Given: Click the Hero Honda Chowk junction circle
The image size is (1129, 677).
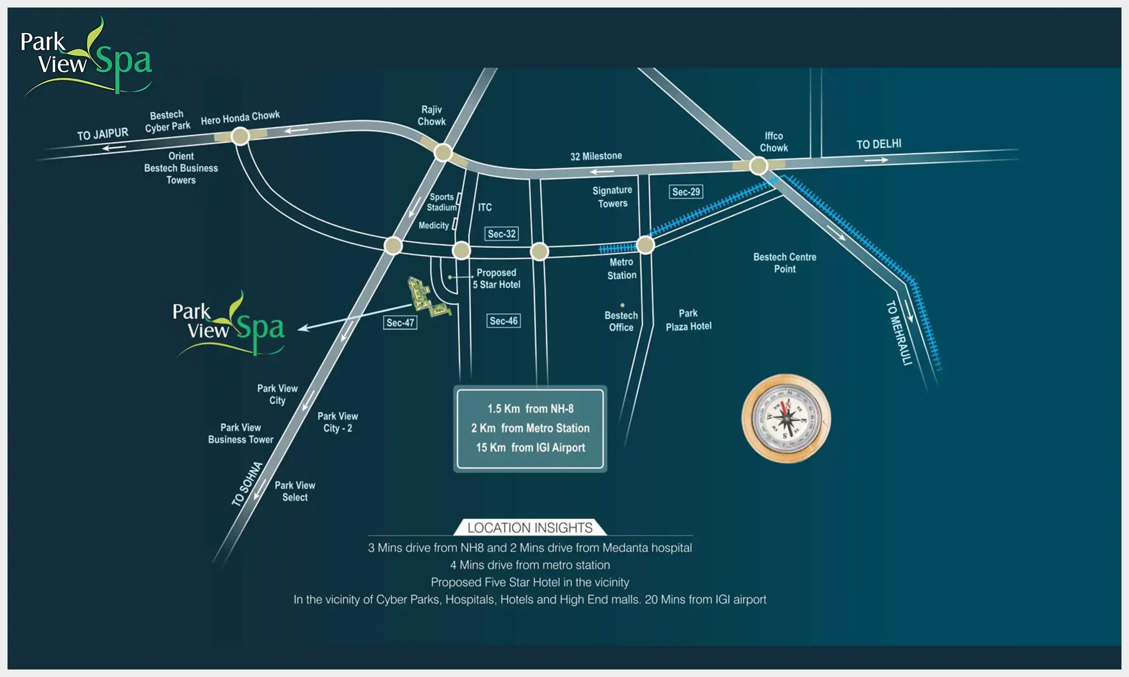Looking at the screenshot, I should pyautogui.click(x=240, y=136).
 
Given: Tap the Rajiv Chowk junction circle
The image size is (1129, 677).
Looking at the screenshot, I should pyautogui.click(x=443, y=152).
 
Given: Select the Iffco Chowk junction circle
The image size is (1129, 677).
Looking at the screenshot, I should pyautogui.click(x=758, y=165).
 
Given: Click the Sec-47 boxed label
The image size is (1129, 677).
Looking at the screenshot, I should pyautogui.click(x=400, y=323).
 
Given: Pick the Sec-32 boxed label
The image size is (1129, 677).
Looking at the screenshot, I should pyautogui.click(x=501, y=234).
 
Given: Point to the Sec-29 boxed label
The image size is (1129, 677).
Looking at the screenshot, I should pyautogui.click(x=686, y=192).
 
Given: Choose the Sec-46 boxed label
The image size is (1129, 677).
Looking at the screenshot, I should pyautogui.click(x=503, y=321).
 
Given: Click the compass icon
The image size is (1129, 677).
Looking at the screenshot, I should pyautogui.click(x=786, y=418).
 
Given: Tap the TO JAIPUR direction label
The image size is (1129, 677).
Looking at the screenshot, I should pyautogui.click(x=103, y=134).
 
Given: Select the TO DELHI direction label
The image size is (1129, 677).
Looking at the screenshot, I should pyautogui.click(x=878, y=144).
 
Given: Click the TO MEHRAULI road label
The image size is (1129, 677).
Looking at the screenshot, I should pyautogui.click(x=899, y=333).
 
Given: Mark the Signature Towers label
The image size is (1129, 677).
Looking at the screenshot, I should pyautogui.click(x=612, y=197).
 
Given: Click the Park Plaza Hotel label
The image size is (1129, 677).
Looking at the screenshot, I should pyautogui.click(x=688, y=320).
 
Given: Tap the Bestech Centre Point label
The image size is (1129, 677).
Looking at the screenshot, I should pyautogui.click(x=785, y=263).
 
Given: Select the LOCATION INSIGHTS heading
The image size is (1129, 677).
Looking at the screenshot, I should pyautogui.click(x=530, y=527).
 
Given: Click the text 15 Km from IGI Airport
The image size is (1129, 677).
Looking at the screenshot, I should pyautogui.click(x=530, y=448).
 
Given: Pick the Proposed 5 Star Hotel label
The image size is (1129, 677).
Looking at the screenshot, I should pyautogui.click(x=497, y=278).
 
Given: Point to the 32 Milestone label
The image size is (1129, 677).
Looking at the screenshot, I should pyautogui.click(x=596, y=156).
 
